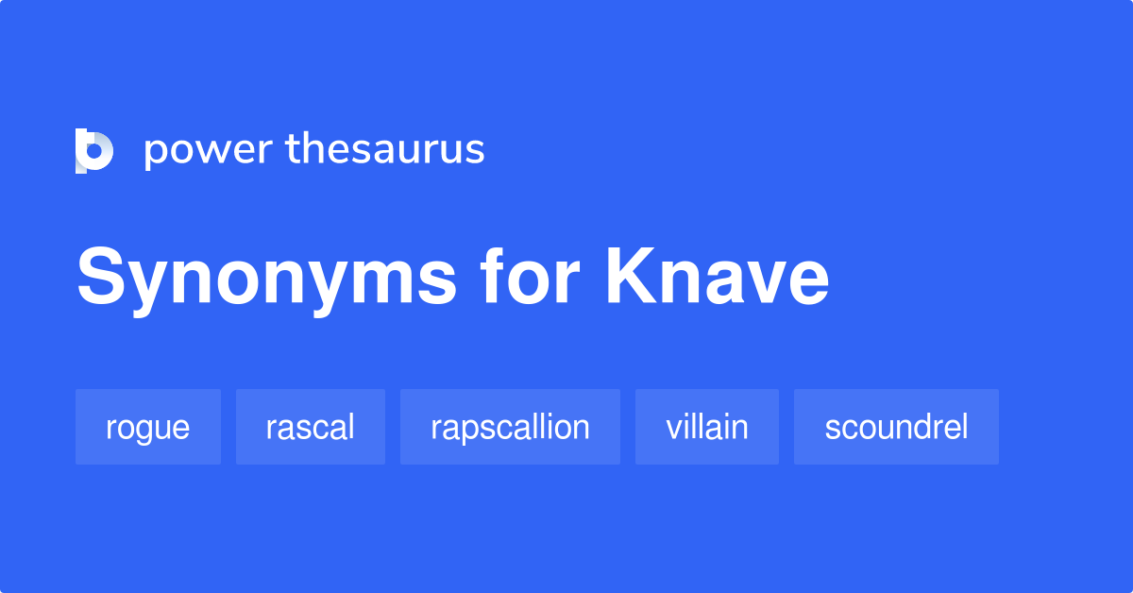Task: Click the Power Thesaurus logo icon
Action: coord(94,150)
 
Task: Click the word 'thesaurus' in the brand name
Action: coord(386,150)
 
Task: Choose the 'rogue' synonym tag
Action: coord(148,427)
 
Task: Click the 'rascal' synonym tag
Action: coord(311,427)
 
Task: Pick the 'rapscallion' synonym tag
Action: coord(510,427)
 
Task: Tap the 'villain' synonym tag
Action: coord(707,427)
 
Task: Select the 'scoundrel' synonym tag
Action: coord(896,427)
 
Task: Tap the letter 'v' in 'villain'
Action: coord(672,430)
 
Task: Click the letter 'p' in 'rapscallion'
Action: coord(471,432)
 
